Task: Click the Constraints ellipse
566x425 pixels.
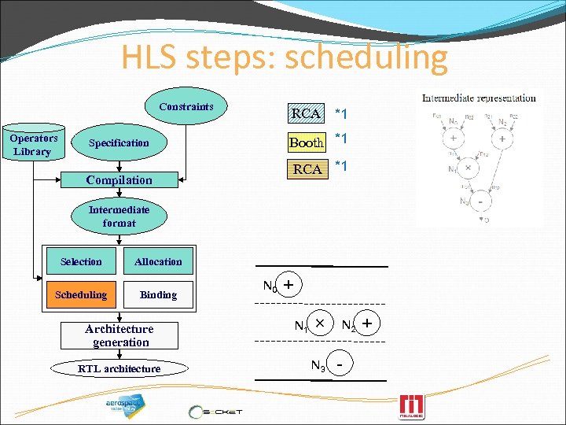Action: point(186,107)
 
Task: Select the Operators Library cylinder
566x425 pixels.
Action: point(32,145)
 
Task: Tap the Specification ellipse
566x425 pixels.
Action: point(119,143)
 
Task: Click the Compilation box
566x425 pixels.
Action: point(119,180)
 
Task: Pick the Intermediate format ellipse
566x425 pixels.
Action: point(119,216)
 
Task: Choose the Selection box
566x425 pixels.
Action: point(81,262)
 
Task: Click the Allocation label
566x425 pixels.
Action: point(158,262)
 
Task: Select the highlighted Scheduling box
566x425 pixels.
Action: point(81,295)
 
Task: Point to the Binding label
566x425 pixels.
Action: point(158,295)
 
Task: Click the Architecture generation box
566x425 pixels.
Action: point(119,335)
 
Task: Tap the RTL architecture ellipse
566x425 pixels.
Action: point(119,368)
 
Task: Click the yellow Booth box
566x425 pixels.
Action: point(307,142)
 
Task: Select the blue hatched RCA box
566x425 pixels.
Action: point(306,113)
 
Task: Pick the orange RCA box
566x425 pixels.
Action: point(307,169)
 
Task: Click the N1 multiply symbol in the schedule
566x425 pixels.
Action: point(319,323)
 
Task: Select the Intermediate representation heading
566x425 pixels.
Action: point(480,98)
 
